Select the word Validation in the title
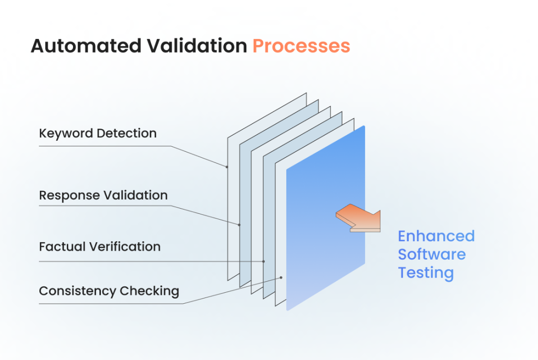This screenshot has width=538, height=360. pyautogui.click(x=195, y=46)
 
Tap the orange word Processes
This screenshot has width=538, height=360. pyautogui.click(x=301, y=46)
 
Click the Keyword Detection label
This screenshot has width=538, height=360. pyautogui.click(x=98, y=133)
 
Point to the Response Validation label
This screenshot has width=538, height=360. pyautogui.click(x=103, y=196)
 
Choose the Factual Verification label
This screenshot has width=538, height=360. pyautogui.click(x=100, y=246)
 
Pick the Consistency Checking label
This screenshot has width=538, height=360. pyautogui.click(x=109, y=291)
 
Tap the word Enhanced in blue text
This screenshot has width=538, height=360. pyautogui.click(x=436, y=236)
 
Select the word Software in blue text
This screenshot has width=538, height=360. pyautogui.click(x=431, y=254)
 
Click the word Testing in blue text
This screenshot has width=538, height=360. pyautogui.click(x=426, y=273)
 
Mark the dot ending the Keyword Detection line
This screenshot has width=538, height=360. pyautogui.click(x=227, y=167)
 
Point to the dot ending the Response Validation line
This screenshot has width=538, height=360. pyautogui.click(x=239, y=225)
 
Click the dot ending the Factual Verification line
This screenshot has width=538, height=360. pyautogui.click(x=264, y=261)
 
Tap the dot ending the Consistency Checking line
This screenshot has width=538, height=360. pyautogui.click(x=282, y=277)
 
